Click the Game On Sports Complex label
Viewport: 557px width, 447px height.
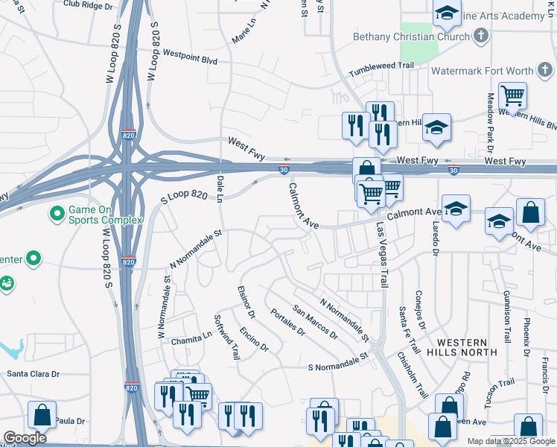tap(104, 215)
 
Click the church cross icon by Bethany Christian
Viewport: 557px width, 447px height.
tap(481, 35)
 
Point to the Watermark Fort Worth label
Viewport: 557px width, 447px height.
tap(483, 72)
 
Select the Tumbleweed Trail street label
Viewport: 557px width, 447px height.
tap(381, 69)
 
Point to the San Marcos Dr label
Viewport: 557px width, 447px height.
tap(315, 322)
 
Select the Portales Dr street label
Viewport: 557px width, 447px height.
tap(288, 323)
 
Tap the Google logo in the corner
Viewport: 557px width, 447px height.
tap(24, 438)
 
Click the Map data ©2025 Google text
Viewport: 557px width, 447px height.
tap(511, 442)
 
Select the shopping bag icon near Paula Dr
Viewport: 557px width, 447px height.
tap(42, 415)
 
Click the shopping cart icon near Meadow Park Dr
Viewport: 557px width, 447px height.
tap(512, 95)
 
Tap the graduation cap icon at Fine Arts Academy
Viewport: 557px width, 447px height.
tap(447, 13)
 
